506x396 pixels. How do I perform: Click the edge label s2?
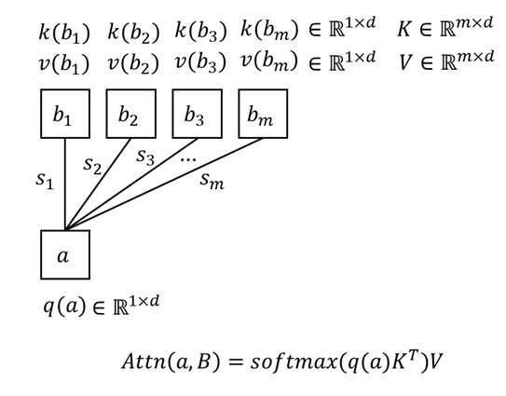[92, 166]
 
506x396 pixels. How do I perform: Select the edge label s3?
[145, 157]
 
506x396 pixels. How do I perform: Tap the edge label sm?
[212, 181]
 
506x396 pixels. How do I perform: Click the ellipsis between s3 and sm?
[188, 159]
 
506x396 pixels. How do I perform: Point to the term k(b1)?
[64, 33]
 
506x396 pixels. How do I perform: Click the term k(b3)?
[200, 32]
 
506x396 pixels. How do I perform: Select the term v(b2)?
[133, 63]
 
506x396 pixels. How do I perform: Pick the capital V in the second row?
[404, 62]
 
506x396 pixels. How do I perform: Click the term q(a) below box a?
[65, 306]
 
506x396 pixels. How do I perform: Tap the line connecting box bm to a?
[164, 184]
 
